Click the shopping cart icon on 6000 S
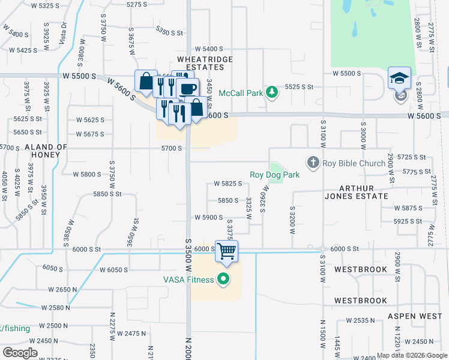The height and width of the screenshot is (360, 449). (x=227, y=251)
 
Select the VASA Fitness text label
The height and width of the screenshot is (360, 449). (x=188, y=279)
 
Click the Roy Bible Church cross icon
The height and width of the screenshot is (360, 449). (x=312, y=162)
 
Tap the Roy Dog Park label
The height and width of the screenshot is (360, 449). (x=274, y=175)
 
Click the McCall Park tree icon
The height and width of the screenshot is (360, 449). (x=273, y=92)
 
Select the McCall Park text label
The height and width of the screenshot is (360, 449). (x=242, y=92)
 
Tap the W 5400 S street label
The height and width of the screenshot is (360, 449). (x=208, y=49)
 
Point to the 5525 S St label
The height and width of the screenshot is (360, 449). (x=300, y=87)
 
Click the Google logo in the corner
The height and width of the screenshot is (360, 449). (x=20, y=353)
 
